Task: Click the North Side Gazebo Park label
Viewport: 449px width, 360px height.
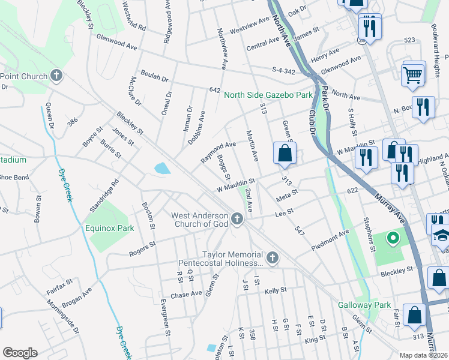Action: click(268, 95)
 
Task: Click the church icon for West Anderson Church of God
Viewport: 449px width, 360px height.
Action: click(237, 220)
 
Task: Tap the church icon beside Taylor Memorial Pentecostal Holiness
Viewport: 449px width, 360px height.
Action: click(272, 258)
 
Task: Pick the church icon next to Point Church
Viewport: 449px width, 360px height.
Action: click(56, 76)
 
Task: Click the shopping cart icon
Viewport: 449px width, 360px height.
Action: click(413, 75)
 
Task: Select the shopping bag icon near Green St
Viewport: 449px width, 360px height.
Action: click(285, 153)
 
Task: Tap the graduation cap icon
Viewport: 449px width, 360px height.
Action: click(441, 235)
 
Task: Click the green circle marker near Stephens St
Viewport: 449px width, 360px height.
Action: click(393, 239)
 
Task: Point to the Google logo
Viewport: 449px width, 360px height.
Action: click(19, 353)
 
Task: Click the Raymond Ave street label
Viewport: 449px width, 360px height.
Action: click(218, 153)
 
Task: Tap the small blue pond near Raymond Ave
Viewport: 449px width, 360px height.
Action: click(161, 169)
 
